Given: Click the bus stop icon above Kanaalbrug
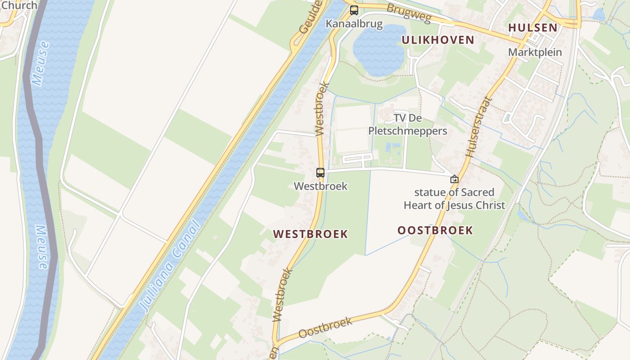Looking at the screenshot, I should (x=354, y=10).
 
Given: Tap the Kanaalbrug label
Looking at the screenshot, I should (x=354, y=24).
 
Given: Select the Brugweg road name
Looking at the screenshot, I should (x=409, y=13).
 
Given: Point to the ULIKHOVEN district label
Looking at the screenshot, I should (x=438, y=40).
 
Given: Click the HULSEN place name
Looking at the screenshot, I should (x=533, y=27).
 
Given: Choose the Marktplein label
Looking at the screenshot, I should (x=535, y=52).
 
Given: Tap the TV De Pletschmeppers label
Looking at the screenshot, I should (x=408, y=125).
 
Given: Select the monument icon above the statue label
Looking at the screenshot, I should (x=454, y=179).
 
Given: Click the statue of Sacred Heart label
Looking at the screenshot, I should (x=454, y=199).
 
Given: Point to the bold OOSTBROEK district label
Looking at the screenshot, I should (x=435, y=231).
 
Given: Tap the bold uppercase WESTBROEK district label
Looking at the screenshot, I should (x=310, y=234).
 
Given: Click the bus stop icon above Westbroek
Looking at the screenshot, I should (x=320, y=172).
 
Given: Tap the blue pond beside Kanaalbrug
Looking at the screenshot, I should (x=379, y=49).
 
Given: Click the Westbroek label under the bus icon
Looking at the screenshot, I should (x=320, y=186).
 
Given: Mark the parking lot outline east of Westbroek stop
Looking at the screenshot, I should (x=358, y=158).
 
